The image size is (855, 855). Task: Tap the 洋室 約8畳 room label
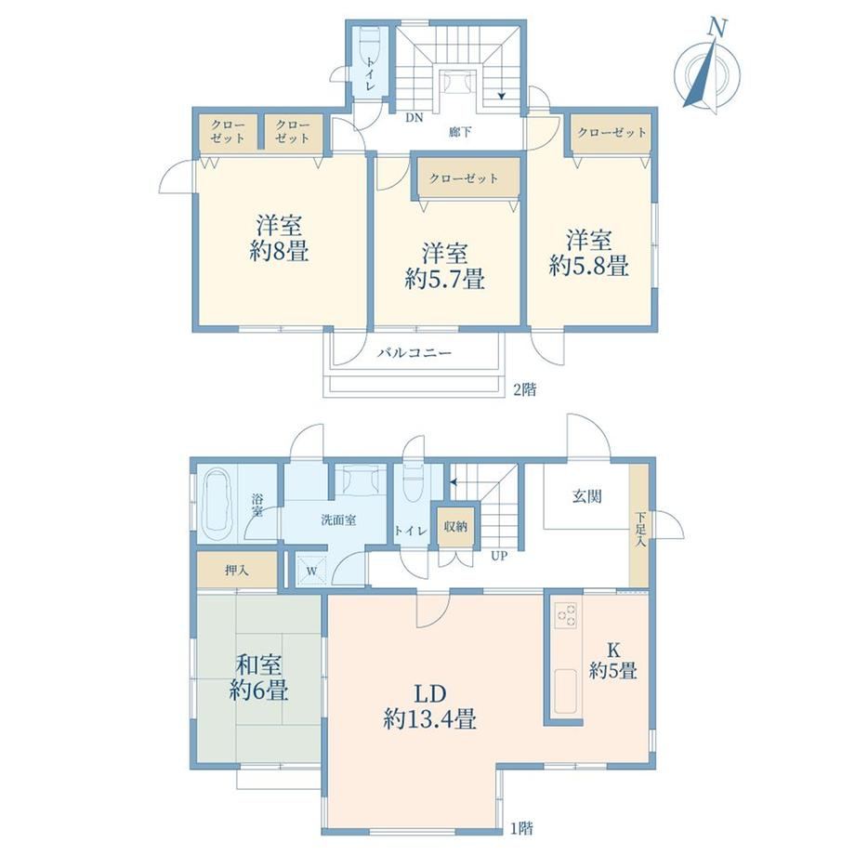(x=279, y=238)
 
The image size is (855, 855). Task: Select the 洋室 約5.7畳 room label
(x=444, y=267)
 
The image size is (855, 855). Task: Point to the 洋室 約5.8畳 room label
(x=589, y=253)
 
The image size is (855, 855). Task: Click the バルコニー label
(x=415, y=353)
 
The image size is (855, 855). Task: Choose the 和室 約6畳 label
(x=259, y=677)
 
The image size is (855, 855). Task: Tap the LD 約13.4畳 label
(x=430, y=706)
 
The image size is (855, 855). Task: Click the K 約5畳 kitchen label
(x=613, y=660)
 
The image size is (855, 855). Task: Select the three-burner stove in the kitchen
(x=565, y=614)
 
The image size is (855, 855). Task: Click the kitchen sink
(x=565, y=691)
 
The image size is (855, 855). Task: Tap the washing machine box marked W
(x=311, y=571)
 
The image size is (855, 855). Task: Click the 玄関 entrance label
(x=586, y=496)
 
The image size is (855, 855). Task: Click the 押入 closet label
(x=237, y=571)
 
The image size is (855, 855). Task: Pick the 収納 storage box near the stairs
(x=455, y=527)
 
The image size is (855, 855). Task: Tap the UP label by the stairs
(x=499, y=556)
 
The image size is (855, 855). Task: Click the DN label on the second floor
(x=414, y=118)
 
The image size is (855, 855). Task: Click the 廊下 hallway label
(x=460, y=131)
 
